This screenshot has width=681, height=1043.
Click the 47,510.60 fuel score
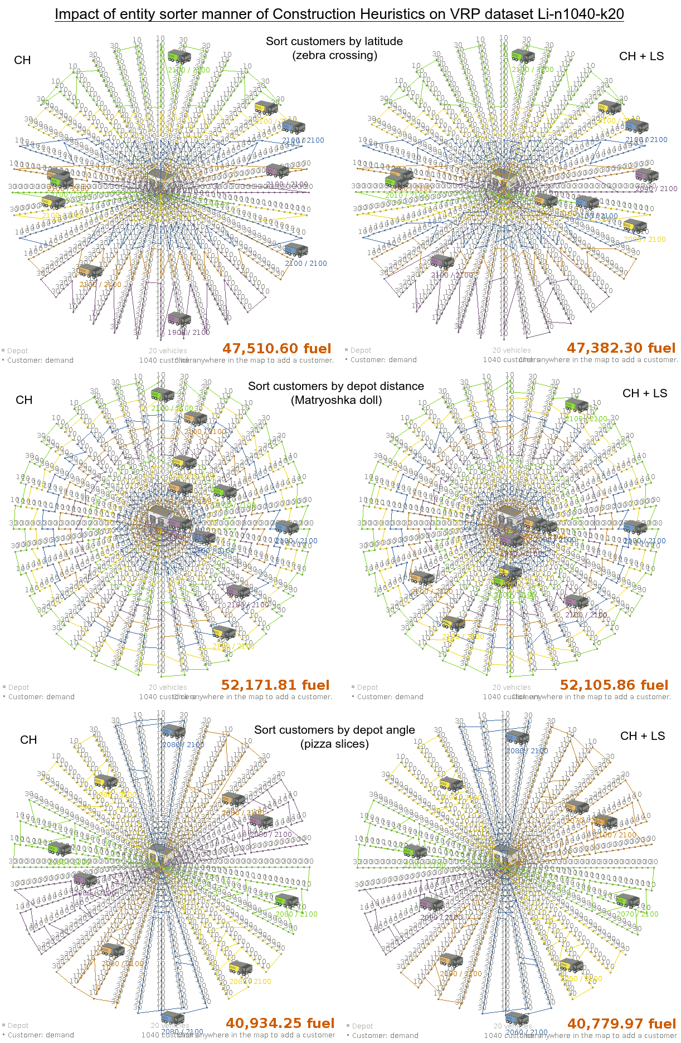tap(276, 348)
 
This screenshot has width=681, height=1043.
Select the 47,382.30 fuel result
tap(621, 348)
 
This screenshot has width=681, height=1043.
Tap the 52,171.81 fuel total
tap(275, 685)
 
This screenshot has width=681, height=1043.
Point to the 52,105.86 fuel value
tap(614, 685)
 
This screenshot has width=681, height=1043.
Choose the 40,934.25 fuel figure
tap(280, 1023)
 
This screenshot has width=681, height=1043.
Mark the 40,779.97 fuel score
tap(621, 1023)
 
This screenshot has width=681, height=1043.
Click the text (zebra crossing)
tap(334, 55)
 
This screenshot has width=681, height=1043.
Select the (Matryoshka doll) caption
tap(336, 400)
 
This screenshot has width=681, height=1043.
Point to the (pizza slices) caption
tap(334, 744)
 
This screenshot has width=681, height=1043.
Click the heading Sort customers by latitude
tap(334, 41)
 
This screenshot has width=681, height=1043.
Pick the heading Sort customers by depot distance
tap(335, 386)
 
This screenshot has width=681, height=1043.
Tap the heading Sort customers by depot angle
tap(334, 730)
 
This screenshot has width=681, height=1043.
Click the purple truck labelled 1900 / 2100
tap(179, 319)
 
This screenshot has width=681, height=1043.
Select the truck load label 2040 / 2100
tap(656, 189)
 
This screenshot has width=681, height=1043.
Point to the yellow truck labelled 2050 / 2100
tap(571, 965)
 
